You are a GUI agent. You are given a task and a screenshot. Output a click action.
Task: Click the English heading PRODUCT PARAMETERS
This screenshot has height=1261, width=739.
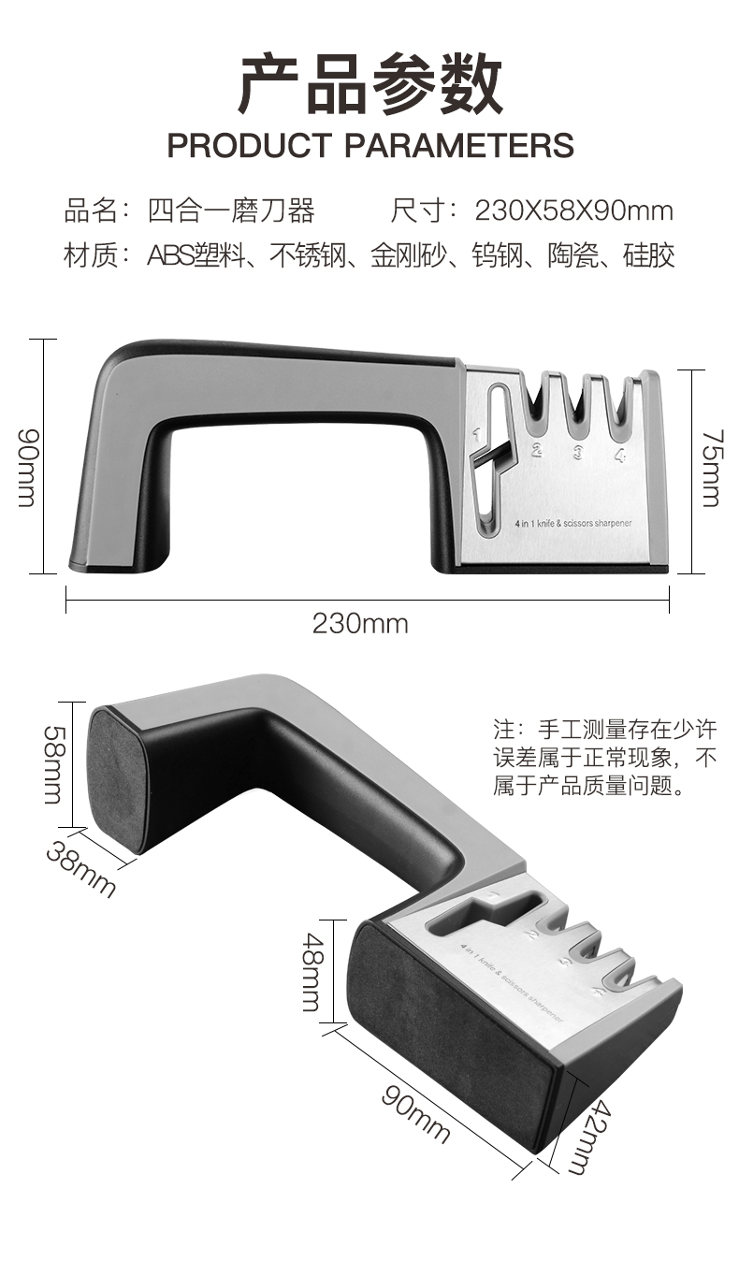370,145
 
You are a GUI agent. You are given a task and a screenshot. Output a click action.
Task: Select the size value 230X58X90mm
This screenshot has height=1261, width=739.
573,211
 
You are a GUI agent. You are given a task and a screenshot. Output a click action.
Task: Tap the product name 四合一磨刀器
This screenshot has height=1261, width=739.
231,211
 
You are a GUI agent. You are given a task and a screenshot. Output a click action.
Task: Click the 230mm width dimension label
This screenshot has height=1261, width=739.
360,624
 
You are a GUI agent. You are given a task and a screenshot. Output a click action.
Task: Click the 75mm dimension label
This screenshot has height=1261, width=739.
712,469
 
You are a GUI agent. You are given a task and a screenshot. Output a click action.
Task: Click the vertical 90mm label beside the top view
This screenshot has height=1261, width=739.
27,468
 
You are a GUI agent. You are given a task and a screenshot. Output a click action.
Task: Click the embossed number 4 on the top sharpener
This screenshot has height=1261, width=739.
619,455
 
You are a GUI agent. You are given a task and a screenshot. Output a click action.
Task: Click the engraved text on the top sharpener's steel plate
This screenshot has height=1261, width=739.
573,523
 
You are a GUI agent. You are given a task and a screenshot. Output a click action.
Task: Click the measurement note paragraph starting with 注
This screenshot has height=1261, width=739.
604,757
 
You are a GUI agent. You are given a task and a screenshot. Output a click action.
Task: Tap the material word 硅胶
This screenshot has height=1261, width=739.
649,255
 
